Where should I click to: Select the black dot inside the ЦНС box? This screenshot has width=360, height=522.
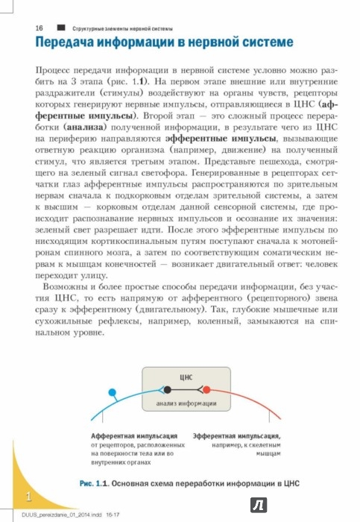coord(168,390)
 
